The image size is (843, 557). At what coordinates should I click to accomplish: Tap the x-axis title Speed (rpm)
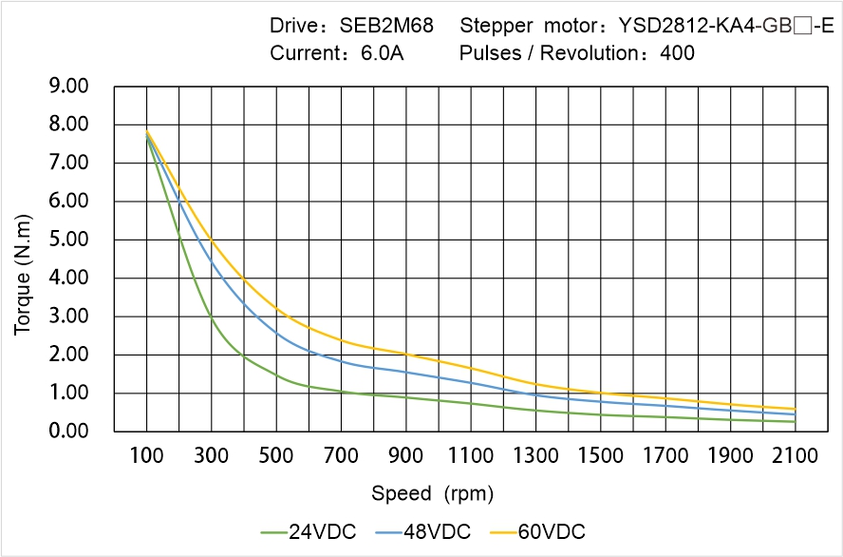[x=432, y=493]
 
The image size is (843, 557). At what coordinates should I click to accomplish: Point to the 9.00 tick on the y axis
[x=68, y=86]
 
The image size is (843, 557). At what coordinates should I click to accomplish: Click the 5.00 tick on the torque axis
[x=68, y=240]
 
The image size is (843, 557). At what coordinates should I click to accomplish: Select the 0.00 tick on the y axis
[x=68, y=432]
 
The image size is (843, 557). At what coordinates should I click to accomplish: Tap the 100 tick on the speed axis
[x=146, y=456]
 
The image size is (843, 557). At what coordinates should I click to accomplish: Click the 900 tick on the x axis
[x=406, y=456]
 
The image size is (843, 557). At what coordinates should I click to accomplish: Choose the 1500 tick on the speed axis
[x=601, y=456]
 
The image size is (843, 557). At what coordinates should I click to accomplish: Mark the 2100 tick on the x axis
[x=796, y=456]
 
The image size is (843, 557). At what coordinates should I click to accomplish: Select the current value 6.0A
[x=381, y=53]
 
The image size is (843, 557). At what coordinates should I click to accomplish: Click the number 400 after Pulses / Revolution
[x=677, y=53]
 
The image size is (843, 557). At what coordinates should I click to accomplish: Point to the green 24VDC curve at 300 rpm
[x=212, y=318]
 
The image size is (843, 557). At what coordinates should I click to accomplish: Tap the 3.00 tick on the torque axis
[x=68, y=317]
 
